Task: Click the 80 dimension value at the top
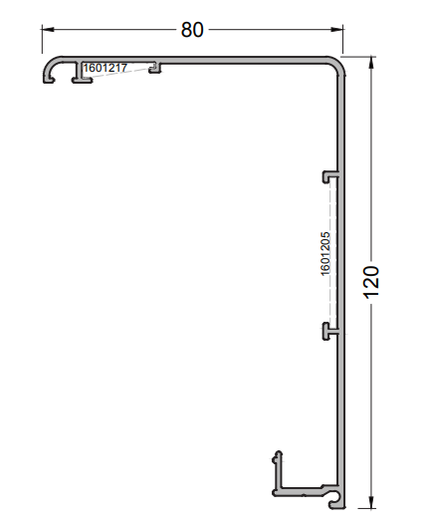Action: click(x=192, y=30)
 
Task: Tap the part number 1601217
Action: click(x=105, y=68)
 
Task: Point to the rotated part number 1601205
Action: click(x=325, y=254)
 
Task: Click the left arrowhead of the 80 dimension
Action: click(x=46, y=30)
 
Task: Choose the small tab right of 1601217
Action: click(x=155, y=69)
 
